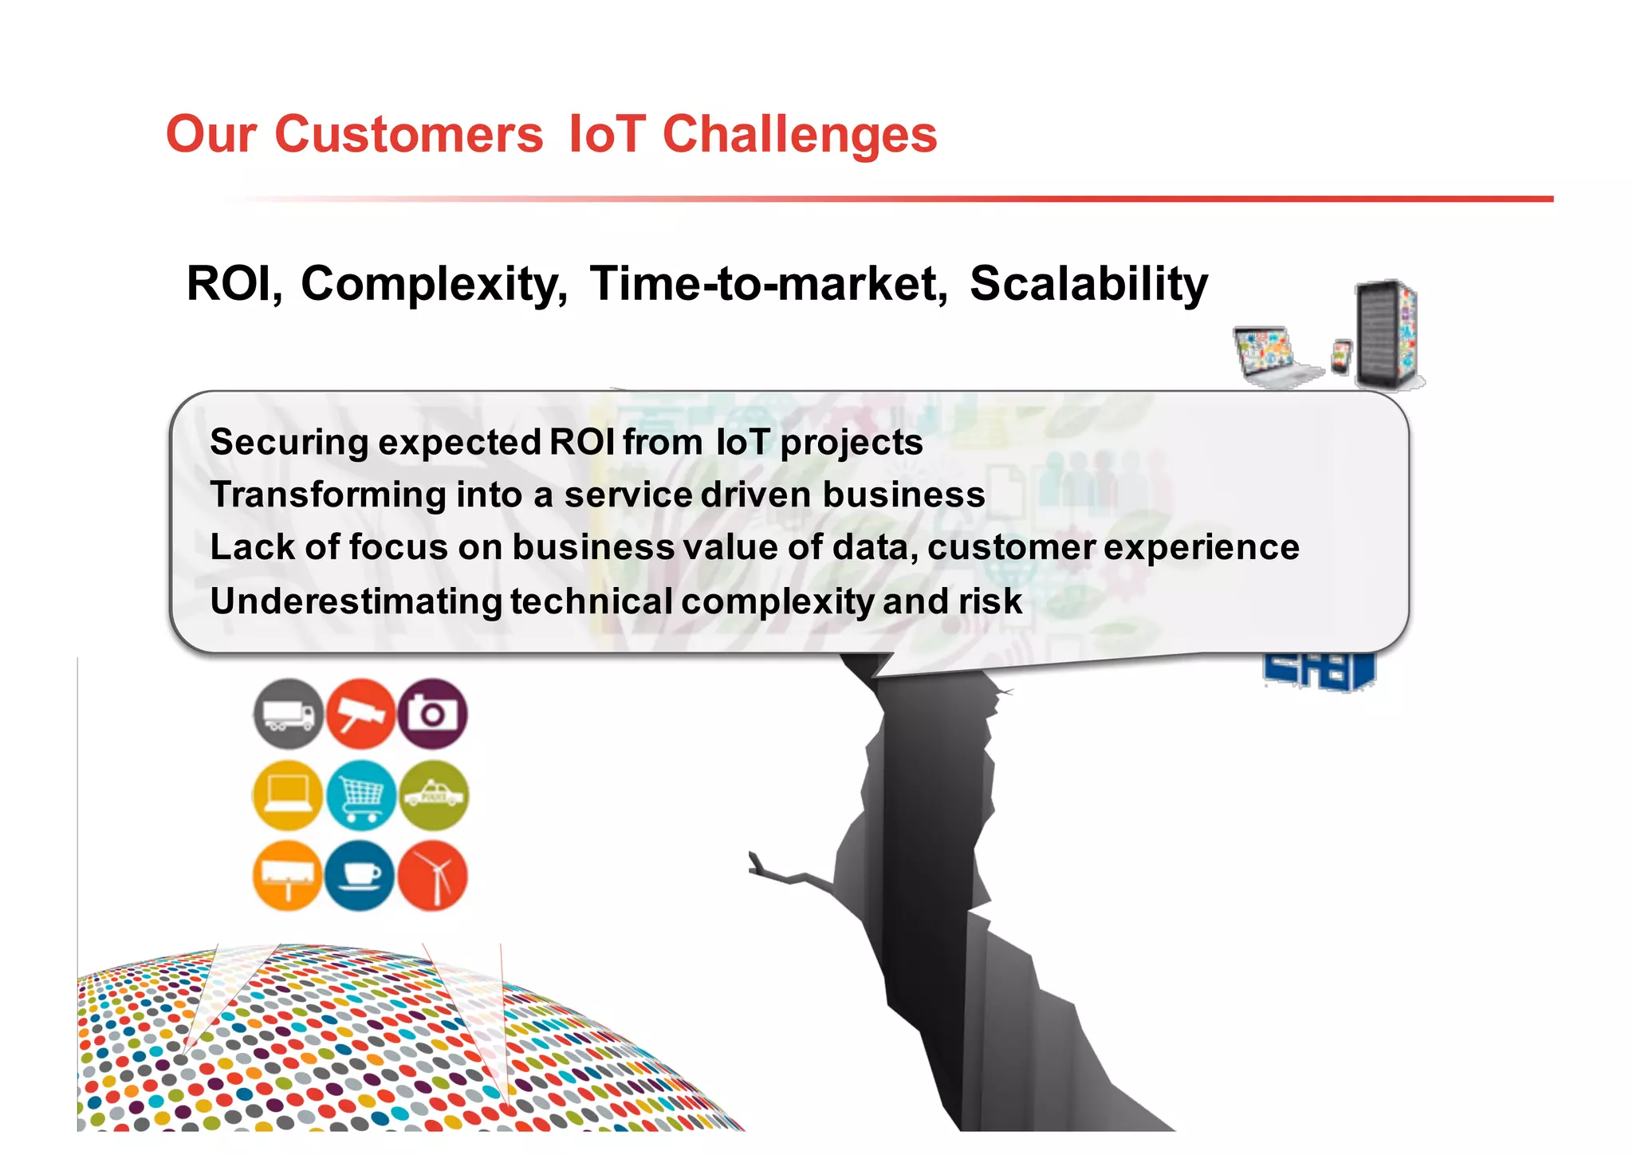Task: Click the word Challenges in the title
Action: coord(799,134)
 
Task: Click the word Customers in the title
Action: coord(408,134)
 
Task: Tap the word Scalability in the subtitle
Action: coord(1088,284)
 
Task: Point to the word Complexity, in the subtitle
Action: coord(434,284)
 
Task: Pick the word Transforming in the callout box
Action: coord(328,495)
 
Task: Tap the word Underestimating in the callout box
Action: coord(356,601)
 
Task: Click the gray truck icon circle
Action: coord(289,714)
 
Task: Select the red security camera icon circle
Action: coord(360,714)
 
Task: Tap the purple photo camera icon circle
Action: coord(432,714)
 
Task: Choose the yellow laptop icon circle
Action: coord(288,795)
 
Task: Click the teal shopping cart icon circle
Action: coord(360,795)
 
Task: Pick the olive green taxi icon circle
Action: coord(433,795)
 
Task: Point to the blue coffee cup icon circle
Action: coord(360,876)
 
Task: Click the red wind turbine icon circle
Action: coord(432,876)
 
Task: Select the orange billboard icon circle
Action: coord(288,876)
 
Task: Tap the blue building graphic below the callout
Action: coord(1320,670)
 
